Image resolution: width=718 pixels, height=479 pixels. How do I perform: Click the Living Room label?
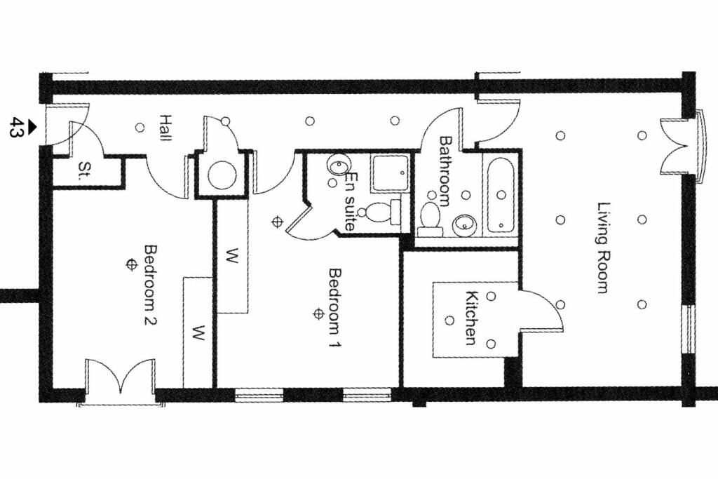coord(602,248)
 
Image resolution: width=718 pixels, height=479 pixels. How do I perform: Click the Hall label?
coord(165,129)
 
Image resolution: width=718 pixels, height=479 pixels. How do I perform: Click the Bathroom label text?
coord(444,171)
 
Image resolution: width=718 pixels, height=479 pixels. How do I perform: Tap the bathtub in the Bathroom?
coord(501,196)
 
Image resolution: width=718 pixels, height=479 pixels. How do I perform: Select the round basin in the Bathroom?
coord(463,225)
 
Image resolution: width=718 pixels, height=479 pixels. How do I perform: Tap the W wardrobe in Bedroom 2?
coord(198,331)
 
